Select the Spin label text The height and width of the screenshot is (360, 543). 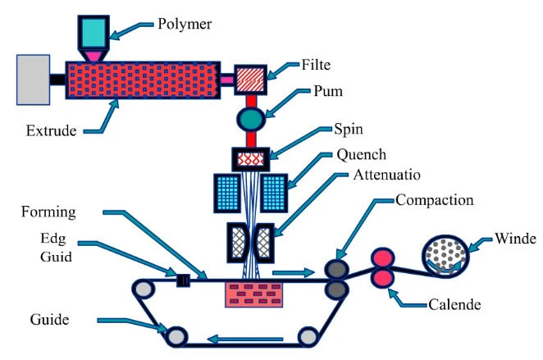point(349,130)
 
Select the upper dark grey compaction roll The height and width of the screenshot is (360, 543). point(335,269)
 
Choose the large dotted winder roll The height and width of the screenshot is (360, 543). point(447,248)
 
